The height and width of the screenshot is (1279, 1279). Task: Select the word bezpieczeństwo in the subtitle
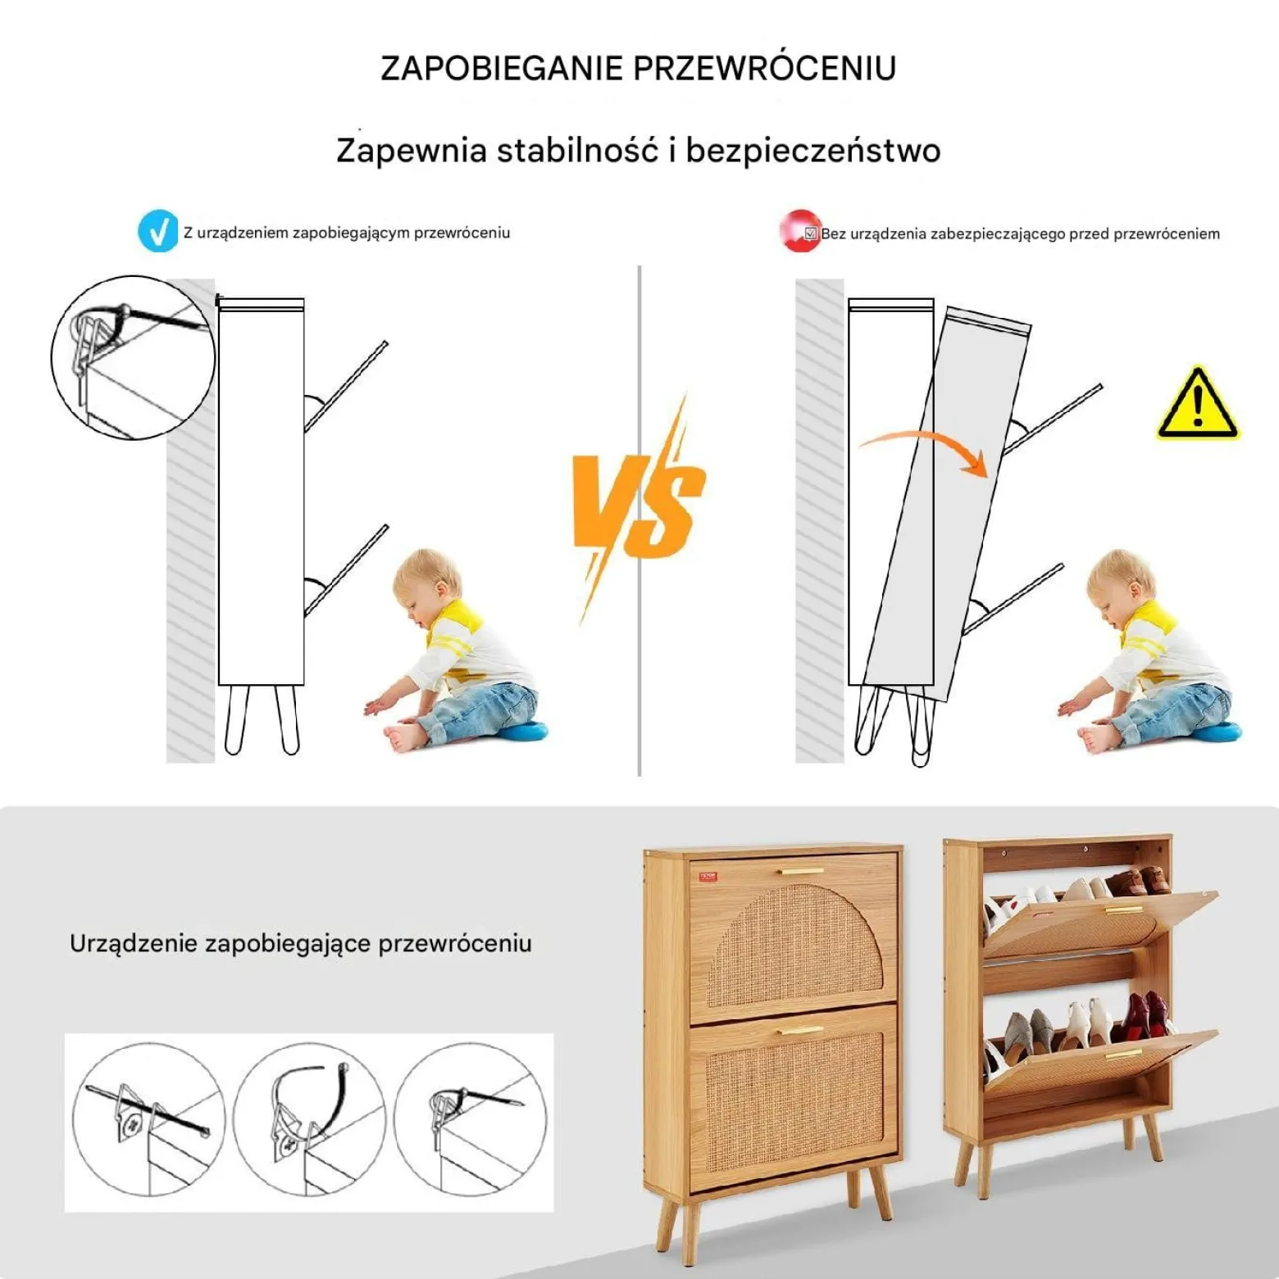click(x=812, y=151)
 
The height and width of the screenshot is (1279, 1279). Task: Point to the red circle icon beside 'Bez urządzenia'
click(x=799, y=232)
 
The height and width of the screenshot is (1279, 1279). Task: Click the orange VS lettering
click(x=639, y=504)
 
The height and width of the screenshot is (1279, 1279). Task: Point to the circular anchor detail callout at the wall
click(x=134, y=357)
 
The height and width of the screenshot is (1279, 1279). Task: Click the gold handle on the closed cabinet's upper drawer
click(x=802, y=871)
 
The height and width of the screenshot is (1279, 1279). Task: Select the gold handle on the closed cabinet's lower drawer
click(x=801, y=1030)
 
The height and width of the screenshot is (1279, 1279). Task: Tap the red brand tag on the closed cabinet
click(x=708, y=877)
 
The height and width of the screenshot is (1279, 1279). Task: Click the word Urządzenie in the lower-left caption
click(x=133, y=944)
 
